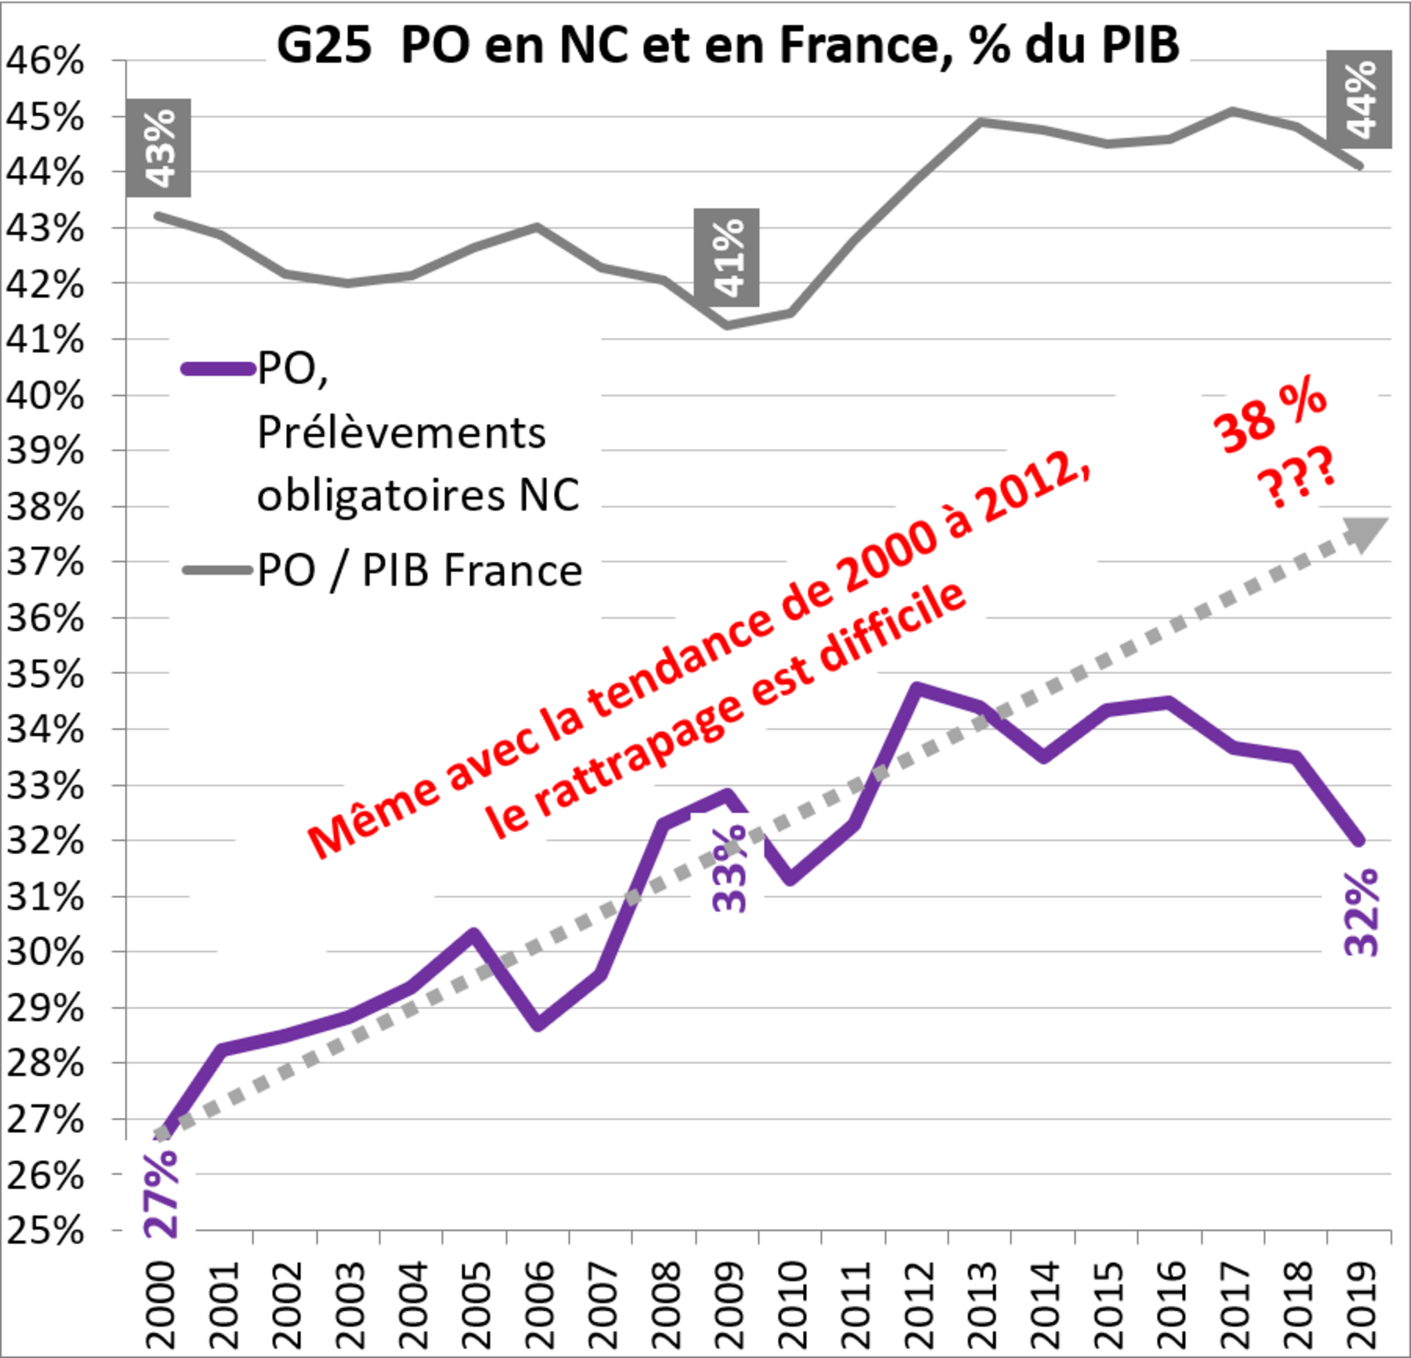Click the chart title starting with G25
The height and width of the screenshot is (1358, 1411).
[x=727, y=45]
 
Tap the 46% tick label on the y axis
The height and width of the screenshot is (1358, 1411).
[x=45, y=62]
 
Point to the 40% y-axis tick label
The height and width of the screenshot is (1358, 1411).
[x=45, y=395]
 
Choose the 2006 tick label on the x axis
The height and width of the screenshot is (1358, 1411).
[x=540, y=1305]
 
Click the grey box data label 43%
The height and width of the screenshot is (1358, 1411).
[x=159, y=148]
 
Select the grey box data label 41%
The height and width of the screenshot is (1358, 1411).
[x=727, y=257]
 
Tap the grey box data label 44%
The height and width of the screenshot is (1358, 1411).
[x=1359, y=99]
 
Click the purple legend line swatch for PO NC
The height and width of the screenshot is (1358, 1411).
[x=218, y=369]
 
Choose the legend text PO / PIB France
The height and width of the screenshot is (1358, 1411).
[x=419, y=571]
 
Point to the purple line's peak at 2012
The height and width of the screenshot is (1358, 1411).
[x=917, y=688]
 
